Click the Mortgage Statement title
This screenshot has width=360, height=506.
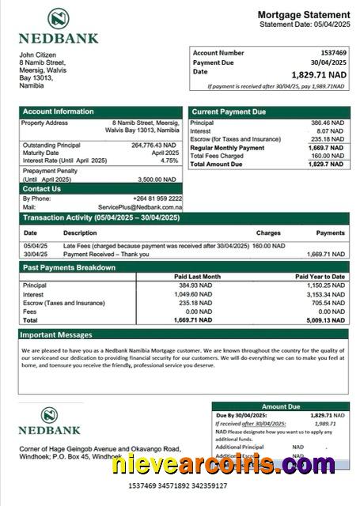304,14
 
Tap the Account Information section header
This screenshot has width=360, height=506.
59,111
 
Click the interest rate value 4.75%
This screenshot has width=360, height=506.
169,160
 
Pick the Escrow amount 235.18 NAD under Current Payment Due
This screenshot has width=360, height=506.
325,139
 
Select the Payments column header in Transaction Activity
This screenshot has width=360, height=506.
331,233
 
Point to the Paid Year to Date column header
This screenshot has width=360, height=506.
320,277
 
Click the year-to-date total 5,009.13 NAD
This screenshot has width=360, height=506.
327,320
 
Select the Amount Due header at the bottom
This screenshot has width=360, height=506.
281,406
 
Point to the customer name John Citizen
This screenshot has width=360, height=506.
38,55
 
